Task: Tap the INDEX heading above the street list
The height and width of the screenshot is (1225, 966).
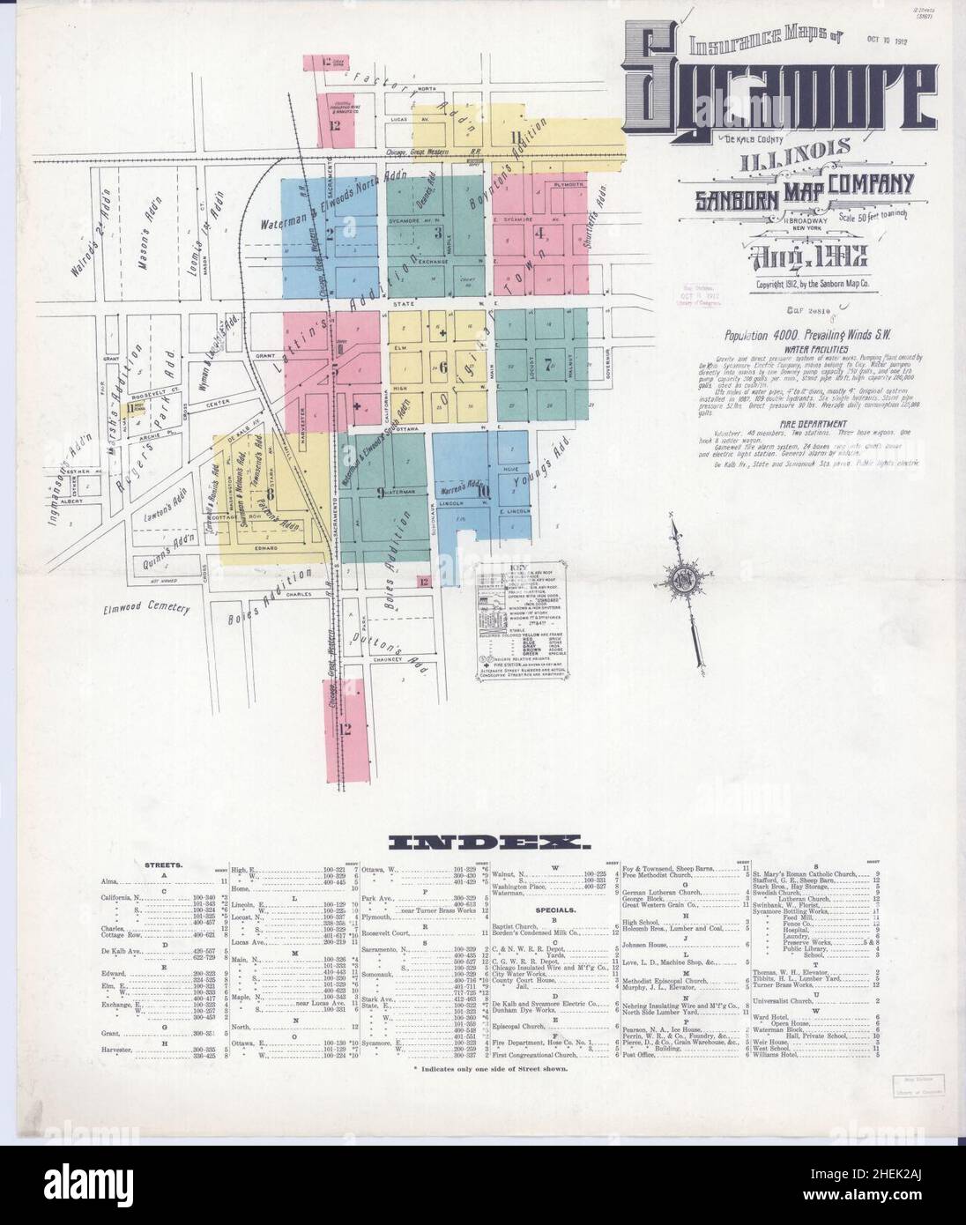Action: pyautogui.click(x=483, y=843)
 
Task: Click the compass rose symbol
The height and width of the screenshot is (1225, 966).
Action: pyautogui.click(x=683, y=579)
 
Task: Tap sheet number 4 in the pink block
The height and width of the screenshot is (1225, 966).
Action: pyautogui.click(x=540, y=234)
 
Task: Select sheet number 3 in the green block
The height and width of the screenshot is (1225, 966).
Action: pyautogui.click(x=437, y=234)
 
